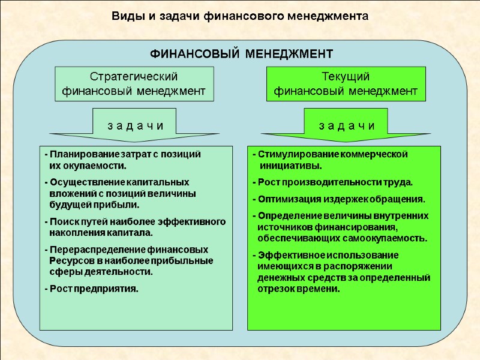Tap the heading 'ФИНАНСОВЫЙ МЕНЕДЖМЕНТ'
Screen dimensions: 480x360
[x=241, y=54]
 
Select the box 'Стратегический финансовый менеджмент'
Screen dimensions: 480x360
[x=134, y=84]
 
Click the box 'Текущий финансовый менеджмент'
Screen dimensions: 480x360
[x=346, y=84]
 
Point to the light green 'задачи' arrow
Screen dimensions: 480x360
[x=134, y=125]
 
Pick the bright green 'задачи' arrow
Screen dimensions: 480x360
[x=346, y=125]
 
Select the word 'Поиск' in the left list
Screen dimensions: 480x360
[x=62, y=221]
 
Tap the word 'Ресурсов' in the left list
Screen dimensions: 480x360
[x=67, y=260]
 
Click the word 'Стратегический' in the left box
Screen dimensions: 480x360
[x=134, y=77]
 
